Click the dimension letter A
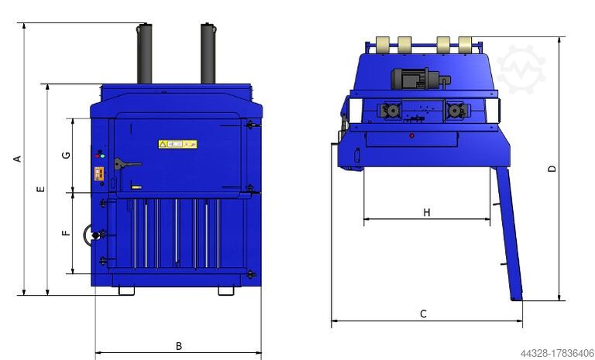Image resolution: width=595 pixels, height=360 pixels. click(x=16, y=159)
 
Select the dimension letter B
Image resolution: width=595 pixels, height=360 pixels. click(x=178, y=345)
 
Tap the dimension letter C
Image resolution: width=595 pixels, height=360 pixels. click(x=423, y=314)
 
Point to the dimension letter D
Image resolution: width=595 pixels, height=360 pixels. click(x=552, y=168)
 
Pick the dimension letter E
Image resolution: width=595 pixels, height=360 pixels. click(x=40, y=189)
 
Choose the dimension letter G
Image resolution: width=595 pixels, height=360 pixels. click(x=67, y=155)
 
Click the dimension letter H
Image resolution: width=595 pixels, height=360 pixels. click(x=426, y=212)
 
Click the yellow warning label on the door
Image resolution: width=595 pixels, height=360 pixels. click(x=177, y=144)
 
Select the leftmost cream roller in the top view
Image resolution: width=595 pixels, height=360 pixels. click(x=383, y=43)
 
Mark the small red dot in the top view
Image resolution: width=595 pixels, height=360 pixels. click(x=411, y=135)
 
